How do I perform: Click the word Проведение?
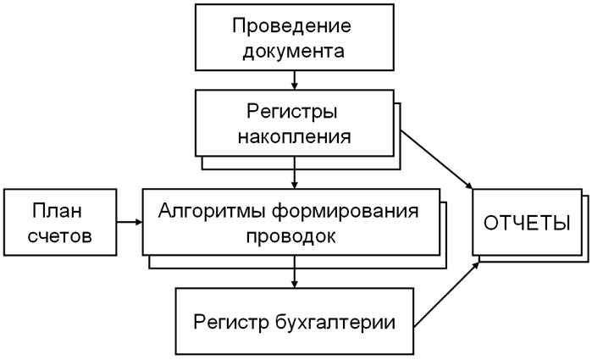tap(292, 25)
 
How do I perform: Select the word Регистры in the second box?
tap(293, 111)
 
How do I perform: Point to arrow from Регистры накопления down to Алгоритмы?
tap(293, 176)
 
